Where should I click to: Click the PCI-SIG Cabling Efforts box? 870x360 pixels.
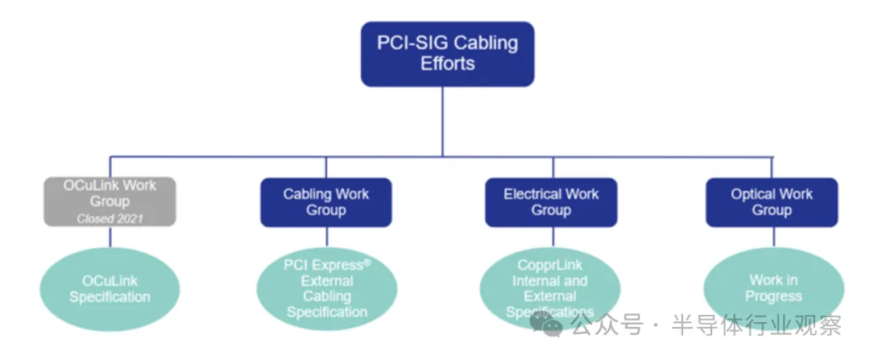(x=447, y=53)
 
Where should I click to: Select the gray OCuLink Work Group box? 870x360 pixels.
(x=110, y=201)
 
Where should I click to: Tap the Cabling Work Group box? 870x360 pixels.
(x=325, y=202)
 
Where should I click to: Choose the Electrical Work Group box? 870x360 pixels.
(x=550, y=202)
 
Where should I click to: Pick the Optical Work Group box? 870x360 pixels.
(x=771, y=202)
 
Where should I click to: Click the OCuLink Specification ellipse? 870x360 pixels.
(x=110, y=289)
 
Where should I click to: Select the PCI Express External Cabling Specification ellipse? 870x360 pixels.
(x=326, y=289)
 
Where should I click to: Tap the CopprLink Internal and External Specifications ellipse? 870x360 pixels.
(x=550, y=289)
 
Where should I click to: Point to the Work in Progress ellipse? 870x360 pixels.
(x=773, y=288)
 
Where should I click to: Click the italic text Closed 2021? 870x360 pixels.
(x=110, y=218)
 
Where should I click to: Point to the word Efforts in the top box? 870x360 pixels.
(x=447, y=64)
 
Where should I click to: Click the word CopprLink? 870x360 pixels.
(x=551, y=265)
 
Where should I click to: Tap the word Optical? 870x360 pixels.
(x=749, y=194)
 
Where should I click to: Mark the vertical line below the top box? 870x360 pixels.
(x=442, y=121)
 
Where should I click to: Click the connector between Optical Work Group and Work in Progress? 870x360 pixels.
(x=772, y=237)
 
